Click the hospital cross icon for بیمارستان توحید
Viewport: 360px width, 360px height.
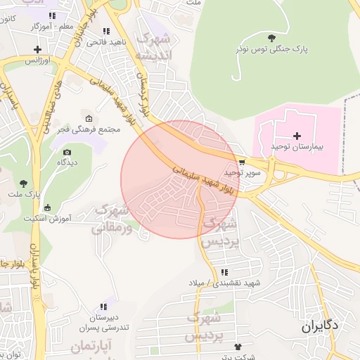297,135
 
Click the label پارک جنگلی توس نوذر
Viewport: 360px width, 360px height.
272,49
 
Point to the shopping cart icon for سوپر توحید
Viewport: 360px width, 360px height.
242,161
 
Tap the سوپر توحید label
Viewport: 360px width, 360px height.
243,172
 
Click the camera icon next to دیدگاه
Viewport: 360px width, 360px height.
67,152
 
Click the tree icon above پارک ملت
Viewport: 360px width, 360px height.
23,183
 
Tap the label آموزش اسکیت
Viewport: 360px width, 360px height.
47,218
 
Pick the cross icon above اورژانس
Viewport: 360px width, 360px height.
37,49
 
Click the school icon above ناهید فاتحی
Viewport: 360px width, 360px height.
106,31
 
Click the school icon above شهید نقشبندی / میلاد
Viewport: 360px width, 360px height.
224,272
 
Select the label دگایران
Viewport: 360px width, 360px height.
320,326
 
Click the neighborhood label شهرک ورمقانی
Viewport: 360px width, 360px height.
110,218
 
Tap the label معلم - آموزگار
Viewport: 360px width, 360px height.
53,26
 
